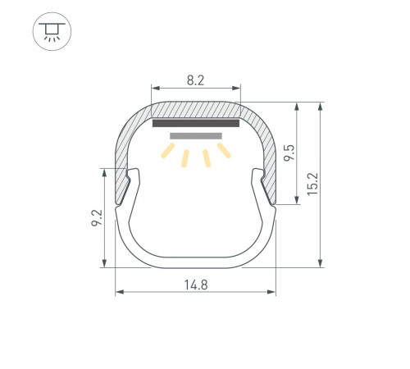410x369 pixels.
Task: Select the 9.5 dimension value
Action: (x=287, y=153)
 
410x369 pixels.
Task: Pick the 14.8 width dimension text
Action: (x=195, y=285)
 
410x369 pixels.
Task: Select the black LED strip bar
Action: (x=196, y=124)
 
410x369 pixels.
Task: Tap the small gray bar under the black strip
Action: (x=196, y=134)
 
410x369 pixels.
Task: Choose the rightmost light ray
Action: (x=224, y=151)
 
